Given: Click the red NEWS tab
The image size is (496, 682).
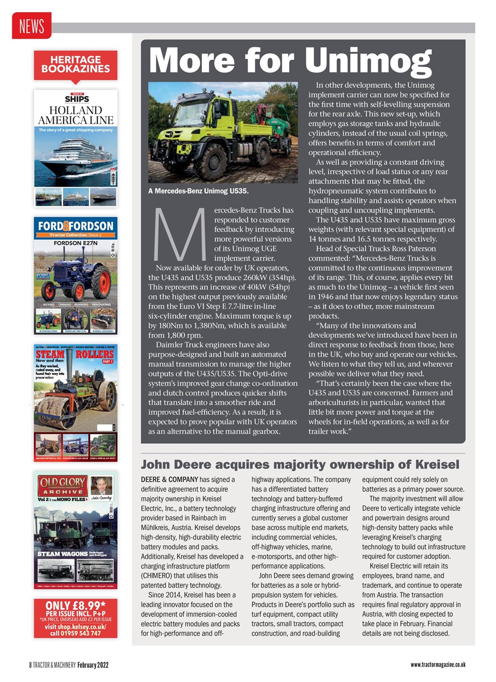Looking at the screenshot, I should (31, 26).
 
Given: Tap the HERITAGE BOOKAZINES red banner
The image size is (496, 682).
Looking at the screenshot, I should (75, 64).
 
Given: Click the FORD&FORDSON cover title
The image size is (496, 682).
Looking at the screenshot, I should (75, 225).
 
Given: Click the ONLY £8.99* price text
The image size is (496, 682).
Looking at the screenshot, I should (75, 605).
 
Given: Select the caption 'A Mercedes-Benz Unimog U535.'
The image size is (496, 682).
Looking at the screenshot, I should (198, 190).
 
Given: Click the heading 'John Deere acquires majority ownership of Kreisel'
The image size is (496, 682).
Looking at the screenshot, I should (299, 464).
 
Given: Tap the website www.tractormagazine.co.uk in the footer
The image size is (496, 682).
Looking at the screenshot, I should (438, 664).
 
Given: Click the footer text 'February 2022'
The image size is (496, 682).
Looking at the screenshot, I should (94, 665).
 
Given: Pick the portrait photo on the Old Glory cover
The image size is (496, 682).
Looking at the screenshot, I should (101, 486).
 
